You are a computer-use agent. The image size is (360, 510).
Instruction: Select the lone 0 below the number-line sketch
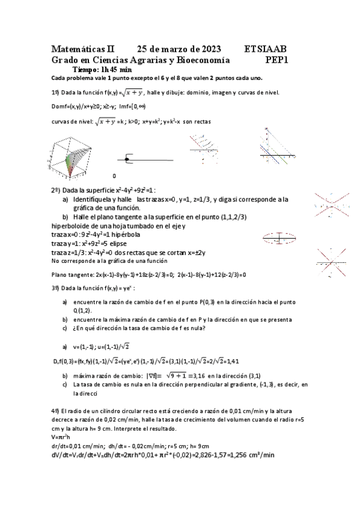pyautogui.click(x=114, y=176)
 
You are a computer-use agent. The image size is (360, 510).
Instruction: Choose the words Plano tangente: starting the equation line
pyautogui.click(x=74, y=274)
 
